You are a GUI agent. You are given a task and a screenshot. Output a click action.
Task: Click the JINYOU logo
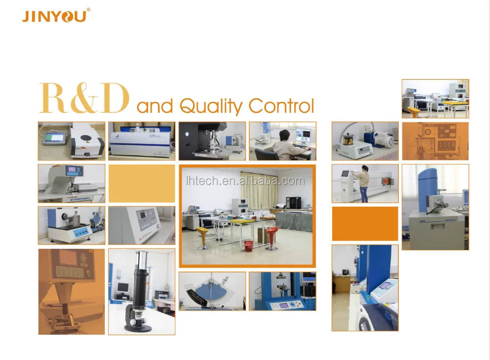tap(54, 16)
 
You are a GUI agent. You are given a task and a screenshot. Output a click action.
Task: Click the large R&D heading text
tap(84, 98)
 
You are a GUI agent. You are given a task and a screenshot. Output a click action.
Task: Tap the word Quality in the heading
tap(211, 107)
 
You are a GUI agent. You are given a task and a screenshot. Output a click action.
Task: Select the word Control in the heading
tap(281, 106)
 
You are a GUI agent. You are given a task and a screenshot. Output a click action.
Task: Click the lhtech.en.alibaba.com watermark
tap(245, 181)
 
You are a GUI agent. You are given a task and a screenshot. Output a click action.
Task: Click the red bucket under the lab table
tap(249, 246)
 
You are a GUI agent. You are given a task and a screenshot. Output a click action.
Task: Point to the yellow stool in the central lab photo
tap(203, 238)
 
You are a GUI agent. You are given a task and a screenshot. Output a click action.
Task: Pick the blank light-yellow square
tap(142, 184)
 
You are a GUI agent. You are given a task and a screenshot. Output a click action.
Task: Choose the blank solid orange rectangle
tap(365, 223)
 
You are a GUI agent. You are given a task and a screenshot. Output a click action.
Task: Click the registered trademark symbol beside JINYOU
tap(88, 10)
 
